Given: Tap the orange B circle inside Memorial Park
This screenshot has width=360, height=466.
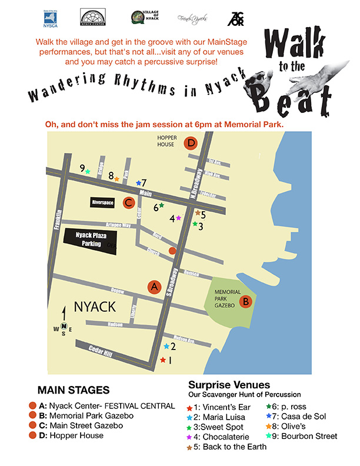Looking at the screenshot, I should [x=246, y=301].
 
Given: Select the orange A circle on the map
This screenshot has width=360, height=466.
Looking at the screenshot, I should [x=154, y=287].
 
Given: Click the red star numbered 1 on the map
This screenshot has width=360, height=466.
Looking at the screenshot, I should [x=163, y=360].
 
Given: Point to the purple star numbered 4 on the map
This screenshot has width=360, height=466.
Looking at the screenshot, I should [x=178, y=218].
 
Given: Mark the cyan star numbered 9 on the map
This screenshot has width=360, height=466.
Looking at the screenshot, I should [x=88, y=172].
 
